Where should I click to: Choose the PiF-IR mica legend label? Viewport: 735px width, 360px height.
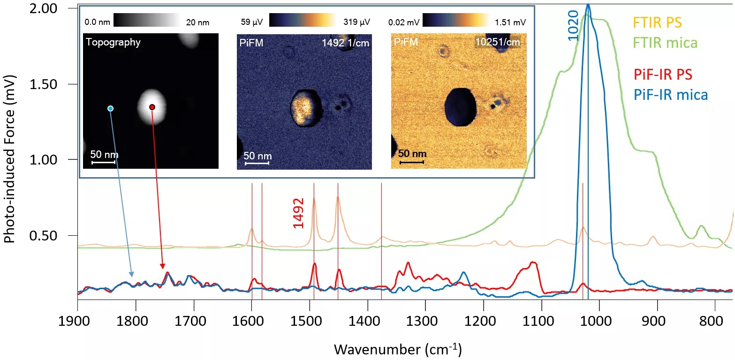(671, 95)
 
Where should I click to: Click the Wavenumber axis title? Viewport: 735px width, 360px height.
(397, 349)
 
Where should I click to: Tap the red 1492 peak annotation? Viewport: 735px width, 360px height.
(299, 213)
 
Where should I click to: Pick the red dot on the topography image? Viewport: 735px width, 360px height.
(152, 107)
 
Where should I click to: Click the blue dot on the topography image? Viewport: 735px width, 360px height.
(110, 108)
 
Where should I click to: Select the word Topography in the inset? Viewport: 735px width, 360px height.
(113, 43)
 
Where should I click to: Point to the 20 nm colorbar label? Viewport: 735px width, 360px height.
(197, 22)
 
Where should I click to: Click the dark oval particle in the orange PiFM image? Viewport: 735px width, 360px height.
(460, 107)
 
